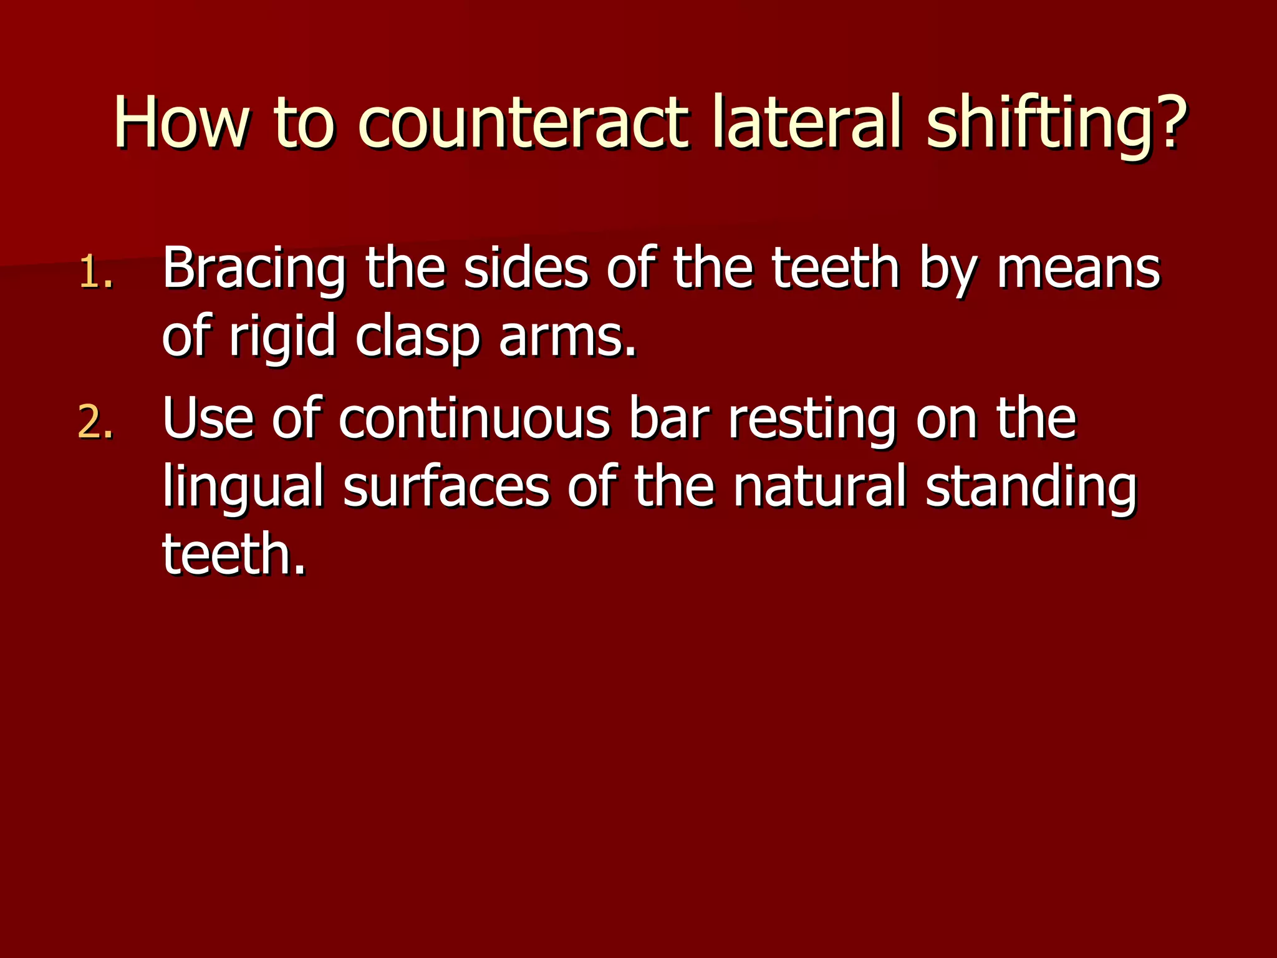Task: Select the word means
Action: coord(1079,269)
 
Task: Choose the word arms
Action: coord(567,337)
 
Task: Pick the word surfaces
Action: coord(446,486)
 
